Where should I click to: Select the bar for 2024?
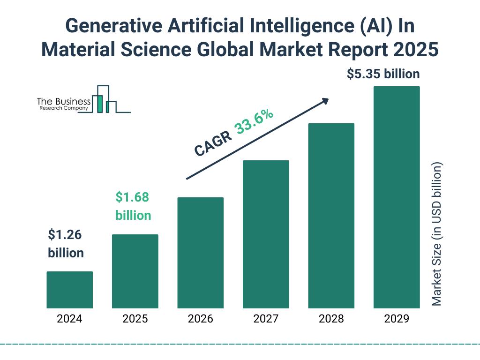[x=69, y=290]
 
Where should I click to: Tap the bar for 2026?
[x=200, y=253]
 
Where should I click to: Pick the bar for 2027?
[x=266, y=234]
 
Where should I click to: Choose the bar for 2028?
[x=331, y=216]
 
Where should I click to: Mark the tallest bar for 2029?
[x=397, y=197]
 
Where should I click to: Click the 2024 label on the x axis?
[x=69, y=319]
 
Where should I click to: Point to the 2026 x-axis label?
[x=200, y=319]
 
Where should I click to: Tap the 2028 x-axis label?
[x=331, y=319]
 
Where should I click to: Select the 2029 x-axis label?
[x=397, y=319]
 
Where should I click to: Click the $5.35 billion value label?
[x=383, y=74]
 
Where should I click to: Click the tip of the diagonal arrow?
[x=328, y=99]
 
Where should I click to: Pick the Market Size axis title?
[x=437, y=234]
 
